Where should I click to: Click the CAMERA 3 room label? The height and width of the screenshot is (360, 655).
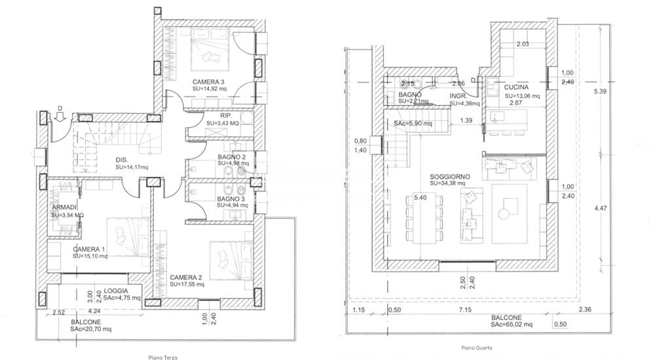209,81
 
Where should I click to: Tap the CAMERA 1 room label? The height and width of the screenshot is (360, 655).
88,249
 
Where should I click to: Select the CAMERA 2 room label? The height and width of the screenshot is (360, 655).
186,278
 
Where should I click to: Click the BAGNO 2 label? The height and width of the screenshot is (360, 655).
232,157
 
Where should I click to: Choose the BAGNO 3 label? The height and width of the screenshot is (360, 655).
232,198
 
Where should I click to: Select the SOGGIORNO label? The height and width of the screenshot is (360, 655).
449,177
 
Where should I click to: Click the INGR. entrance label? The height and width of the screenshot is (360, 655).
458,96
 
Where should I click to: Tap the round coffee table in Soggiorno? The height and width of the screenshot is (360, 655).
504,213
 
